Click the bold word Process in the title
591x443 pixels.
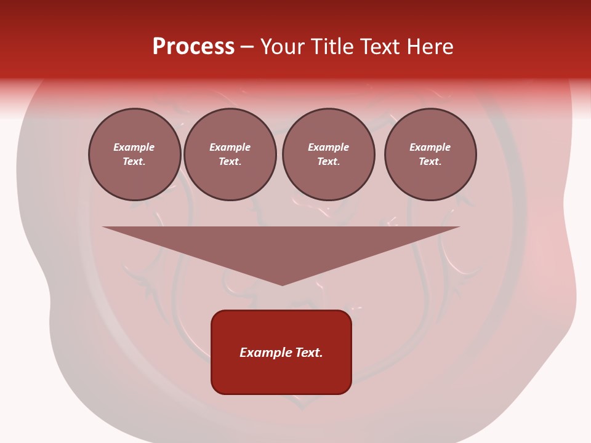pos(193,47)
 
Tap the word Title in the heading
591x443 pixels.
pos(332,47)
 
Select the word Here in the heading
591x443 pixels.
pos(429,47)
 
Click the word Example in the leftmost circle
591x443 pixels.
pos(134,147)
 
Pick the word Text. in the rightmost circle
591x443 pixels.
pos(430,161)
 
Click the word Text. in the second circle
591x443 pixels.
pos(230,161)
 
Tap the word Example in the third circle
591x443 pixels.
pos(328,147)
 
